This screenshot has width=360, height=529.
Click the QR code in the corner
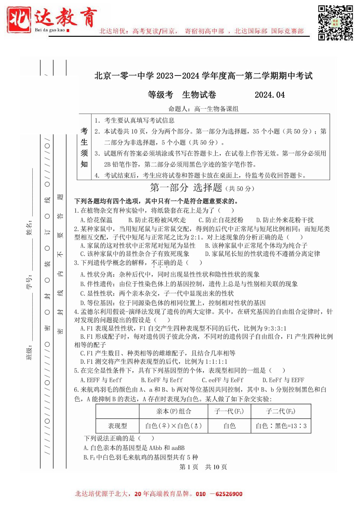(335, 23)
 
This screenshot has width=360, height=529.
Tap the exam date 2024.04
(270, 95)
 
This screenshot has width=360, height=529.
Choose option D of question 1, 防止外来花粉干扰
(285, 220)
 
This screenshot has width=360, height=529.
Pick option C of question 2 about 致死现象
(135, 254)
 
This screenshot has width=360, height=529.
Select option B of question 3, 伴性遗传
(189, 284)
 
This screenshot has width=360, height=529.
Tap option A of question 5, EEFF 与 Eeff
(101, 380)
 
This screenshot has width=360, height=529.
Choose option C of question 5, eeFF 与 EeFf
(223, 380)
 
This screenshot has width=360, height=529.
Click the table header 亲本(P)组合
(174, 411)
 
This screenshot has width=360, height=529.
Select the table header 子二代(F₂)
(280, 411)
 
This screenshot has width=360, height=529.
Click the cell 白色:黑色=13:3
(281, 426)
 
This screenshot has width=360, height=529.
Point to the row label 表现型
(117, 426)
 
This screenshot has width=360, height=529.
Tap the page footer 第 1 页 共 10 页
(203, 467)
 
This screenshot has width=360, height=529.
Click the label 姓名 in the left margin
(29, 227)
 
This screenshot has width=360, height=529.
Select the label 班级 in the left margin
(29, 352)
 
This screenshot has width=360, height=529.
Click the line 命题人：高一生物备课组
(203, 109)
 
